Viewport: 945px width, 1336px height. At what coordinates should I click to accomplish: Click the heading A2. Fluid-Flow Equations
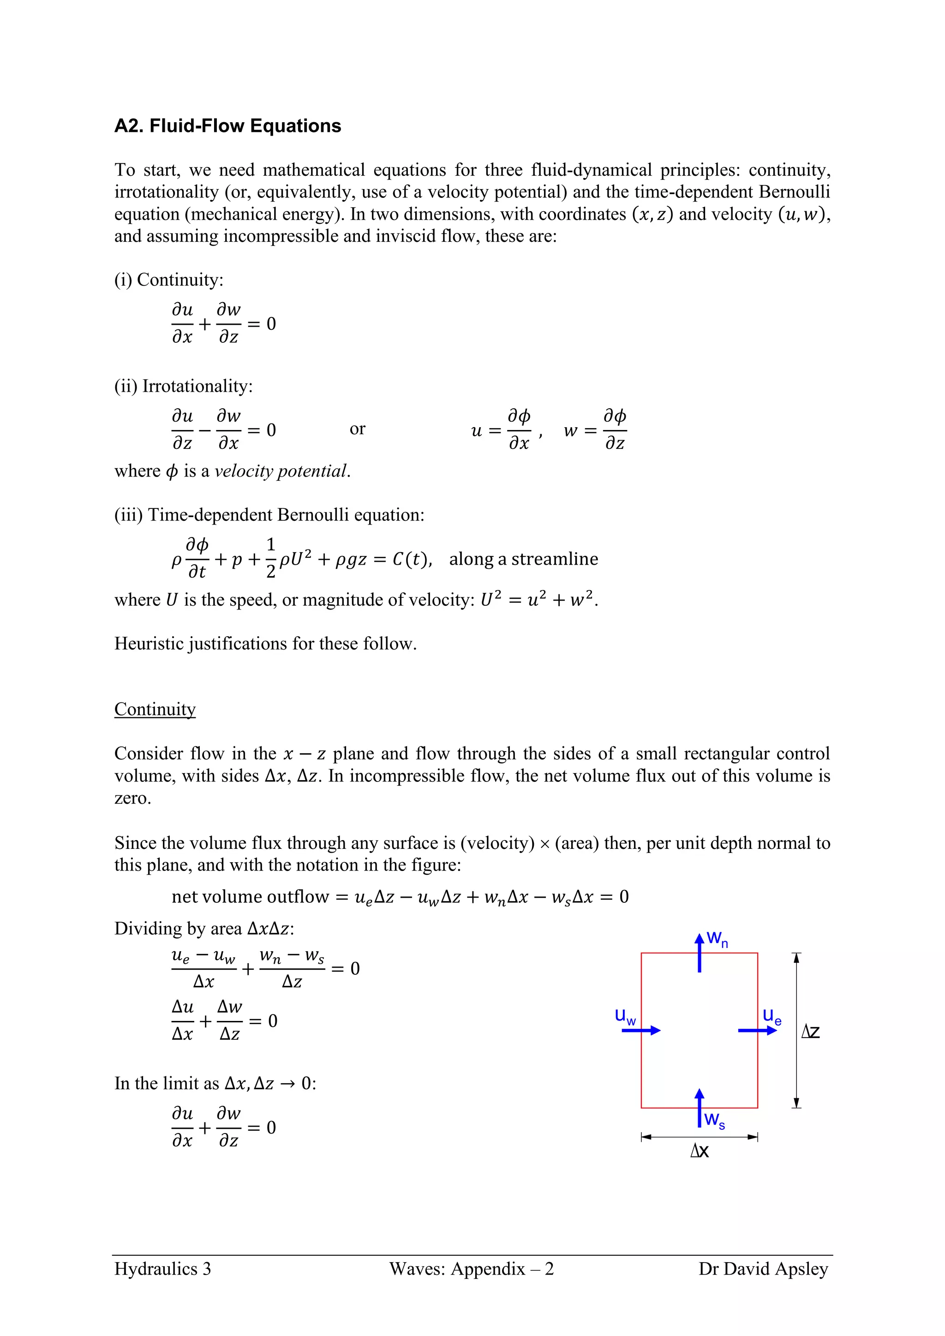tap(227, 125)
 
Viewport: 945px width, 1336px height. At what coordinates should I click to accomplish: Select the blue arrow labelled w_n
tap(700, 953)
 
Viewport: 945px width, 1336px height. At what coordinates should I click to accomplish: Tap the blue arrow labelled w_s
tap(700, 1108)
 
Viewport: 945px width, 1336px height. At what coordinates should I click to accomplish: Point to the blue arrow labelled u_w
tap(640, 1031)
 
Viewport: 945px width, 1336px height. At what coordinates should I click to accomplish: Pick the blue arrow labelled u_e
tap(757, 1031)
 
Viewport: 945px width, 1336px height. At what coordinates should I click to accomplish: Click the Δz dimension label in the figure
tap(811, 1032)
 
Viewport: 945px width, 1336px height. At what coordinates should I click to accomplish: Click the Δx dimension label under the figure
tap(700, 1151)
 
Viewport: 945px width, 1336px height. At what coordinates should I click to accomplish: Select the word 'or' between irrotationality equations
tap(357, 429)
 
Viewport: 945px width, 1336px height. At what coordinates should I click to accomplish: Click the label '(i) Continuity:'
tap(169, 280)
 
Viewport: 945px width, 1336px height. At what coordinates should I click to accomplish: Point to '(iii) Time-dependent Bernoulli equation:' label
tap(269, 515)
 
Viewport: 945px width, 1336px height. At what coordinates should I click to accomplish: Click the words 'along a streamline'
tap(523, 559)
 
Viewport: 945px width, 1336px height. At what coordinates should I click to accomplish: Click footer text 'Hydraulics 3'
tap(162, 1269)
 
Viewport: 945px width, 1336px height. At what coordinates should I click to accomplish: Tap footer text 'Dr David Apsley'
tap(763, 1269)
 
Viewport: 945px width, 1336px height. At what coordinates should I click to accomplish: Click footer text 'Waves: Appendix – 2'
tap(471, 1269)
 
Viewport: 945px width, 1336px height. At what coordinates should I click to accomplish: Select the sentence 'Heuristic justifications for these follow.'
tap(265, 644)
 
